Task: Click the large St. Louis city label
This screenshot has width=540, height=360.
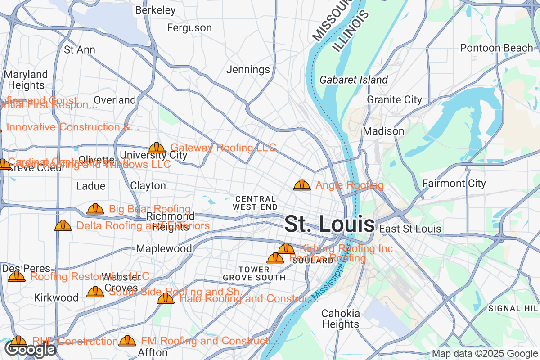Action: point(329,224)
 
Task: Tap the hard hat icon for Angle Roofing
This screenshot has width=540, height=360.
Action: point(302,185)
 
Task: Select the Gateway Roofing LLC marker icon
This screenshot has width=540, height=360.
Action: point(157,148)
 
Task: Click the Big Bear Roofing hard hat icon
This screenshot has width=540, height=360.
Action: point(95,209)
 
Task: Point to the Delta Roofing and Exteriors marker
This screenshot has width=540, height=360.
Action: point(63,226)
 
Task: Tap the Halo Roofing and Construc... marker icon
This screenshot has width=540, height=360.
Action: point(166,299)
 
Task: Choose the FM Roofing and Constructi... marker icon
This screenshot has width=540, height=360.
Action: point(127,342)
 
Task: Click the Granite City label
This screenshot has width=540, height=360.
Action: point(395,100)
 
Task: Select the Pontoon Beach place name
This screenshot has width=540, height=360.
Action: point(496,48)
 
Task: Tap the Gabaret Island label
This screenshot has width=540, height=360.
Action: point(354,80)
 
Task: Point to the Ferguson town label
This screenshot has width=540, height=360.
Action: point(189,28)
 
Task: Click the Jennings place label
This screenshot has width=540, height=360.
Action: point(248,70)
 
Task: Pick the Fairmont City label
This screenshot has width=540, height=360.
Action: point(454,184)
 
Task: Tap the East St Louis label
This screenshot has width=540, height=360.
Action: point(410,229)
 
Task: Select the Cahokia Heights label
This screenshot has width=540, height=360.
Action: point(341,319)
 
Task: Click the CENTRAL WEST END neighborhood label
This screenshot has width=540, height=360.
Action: point(255,203)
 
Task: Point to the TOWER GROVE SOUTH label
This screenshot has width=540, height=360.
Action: point(254,274)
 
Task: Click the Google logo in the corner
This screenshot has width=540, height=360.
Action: point(31,349)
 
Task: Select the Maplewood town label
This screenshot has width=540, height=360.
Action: point(164,249)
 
